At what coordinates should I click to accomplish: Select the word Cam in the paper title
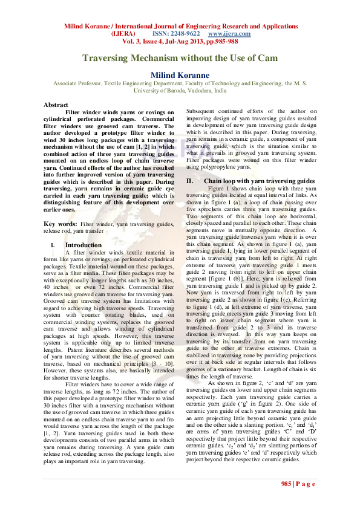pyautogui.click(x=267, y=58)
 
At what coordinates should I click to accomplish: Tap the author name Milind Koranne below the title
pyautogui.click(x=180, y=75)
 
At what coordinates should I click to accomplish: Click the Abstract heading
pyautogui.click(x=56, y=105)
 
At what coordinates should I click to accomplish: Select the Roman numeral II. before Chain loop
pyautogui.click(x=189, y=181)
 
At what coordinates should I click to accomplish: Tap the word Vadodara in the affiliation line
pyautogui.click(x=195, y=90)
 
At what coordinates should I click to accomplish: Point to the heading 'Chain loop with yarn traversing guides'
pyautogui.click(x=260, y=181)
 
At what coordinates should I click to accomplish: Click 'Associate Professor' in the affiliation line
pyautogui.click(x=77, y=83)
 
